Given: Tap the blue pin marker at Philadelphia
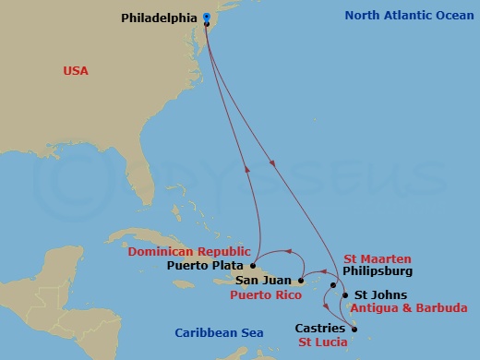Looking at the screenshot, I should [x=206, y=17].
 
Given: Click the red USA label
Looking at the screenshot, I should [x=75, y=70].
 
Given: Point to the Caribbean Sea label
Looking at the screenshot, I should [x=220, y=332].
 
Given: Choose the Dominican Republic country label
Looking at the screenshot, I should [x=189, y=251].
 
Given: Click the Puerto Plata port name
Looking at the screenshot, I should [x=207, y=265].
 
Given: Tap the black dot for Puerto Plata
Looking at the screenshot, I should [x=252, y=265].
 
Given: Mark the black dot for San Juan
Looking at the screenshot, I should [x=301, y=280].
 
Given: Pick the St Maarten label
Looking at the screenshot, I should [x=378, y=258].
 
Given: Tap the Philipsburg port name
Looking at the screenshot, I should [x=377, y=271].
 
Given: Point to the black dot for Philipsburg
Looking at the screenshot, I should [x=332, y=286].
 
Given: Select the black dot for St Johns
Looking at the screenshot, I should [x=346, y=296].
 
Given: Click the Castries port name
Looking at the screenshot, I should [x=320, y=328].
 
